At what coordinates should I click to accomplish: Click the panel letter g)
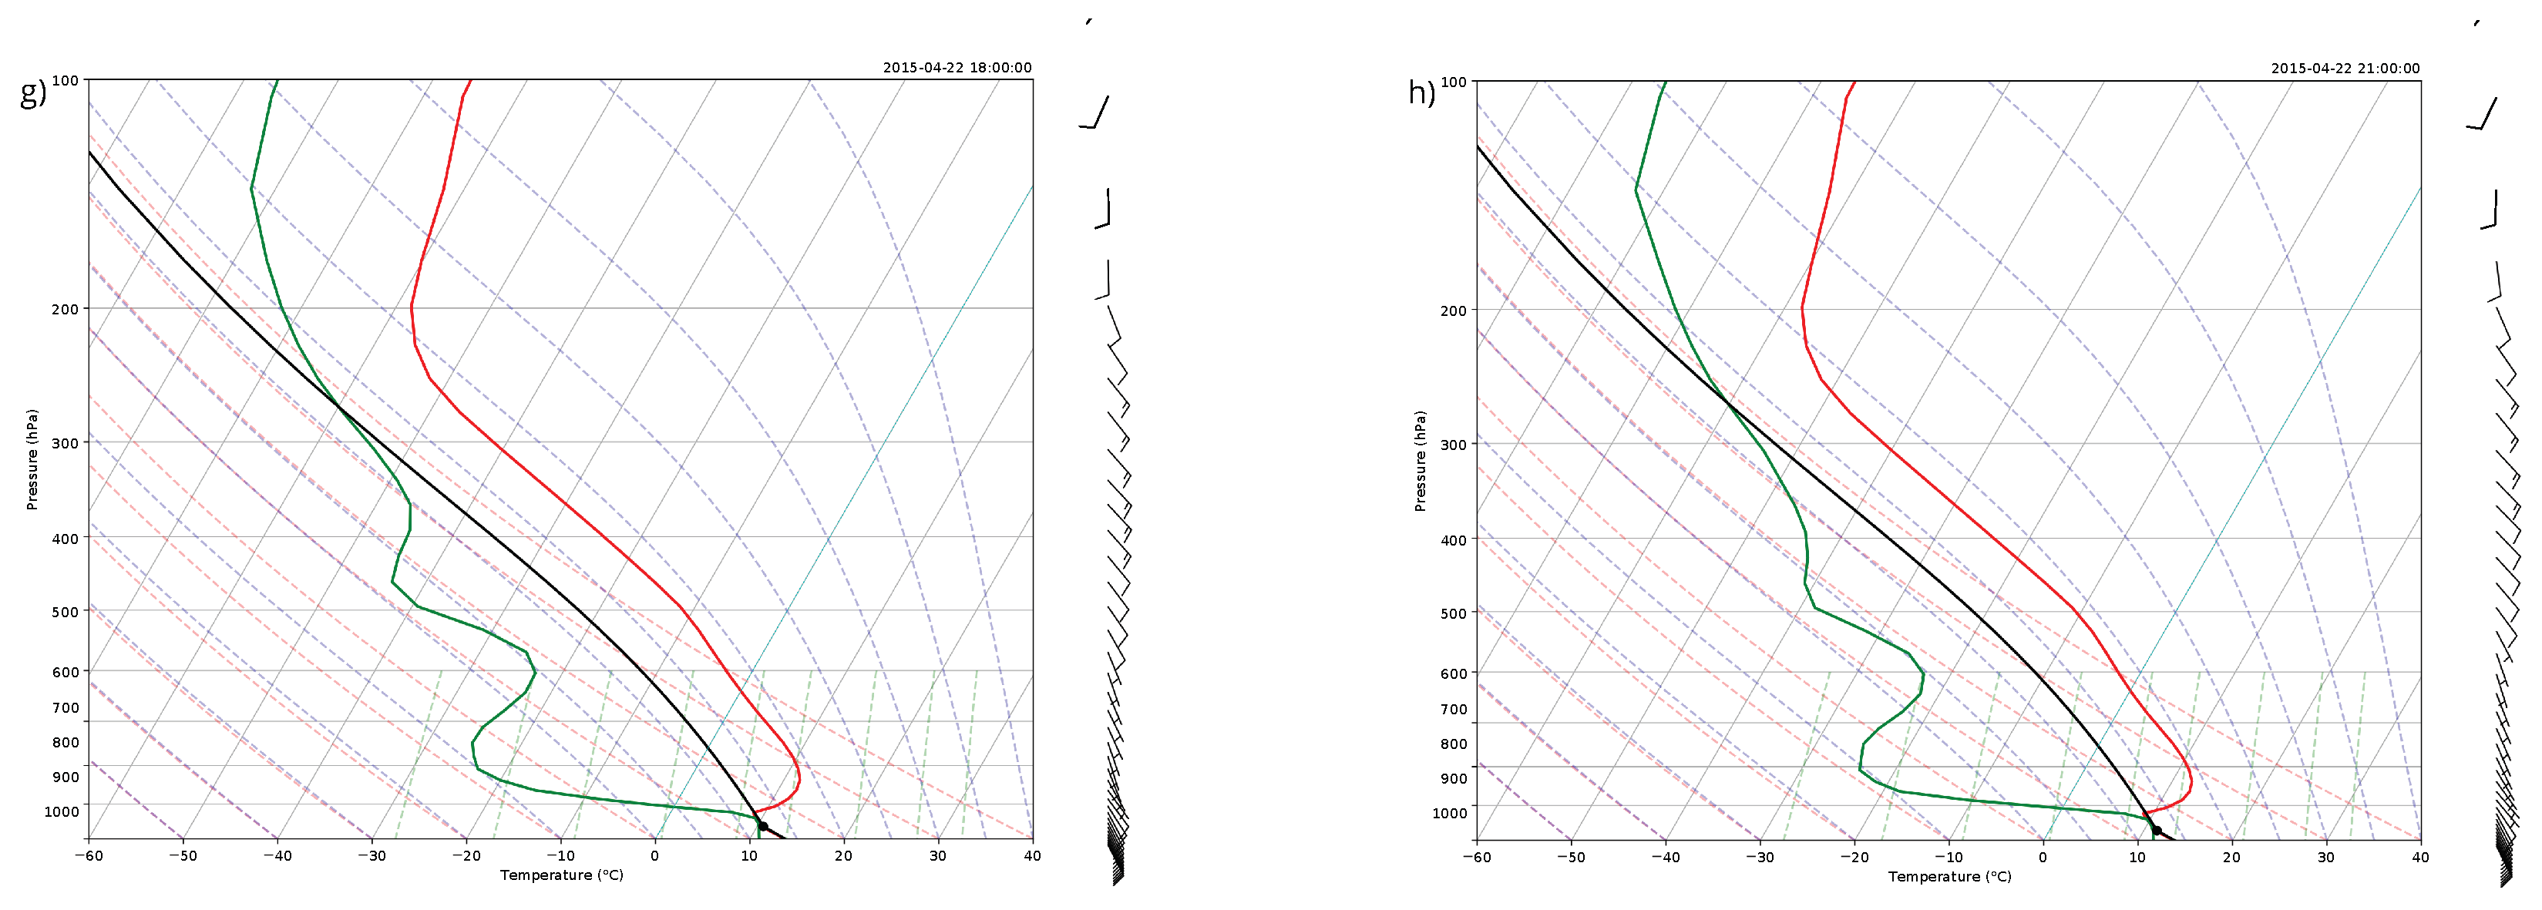(x=32, y=92)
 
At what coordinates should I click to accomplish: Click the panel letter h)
(x=1421, y=92)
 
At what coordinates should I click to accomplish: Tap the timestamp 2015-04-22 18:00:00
(x=957, y=67)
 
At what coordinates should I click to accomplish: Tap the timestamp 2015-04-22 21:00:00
(x=2345, y=68)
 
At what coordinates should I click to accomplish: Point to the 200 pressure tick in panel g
(x=65, y=309)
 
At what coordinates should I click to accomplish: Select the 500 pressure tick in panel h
(x=1454, y=613)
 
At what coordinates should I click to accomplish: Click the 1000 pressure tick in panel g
(x=61, y=811)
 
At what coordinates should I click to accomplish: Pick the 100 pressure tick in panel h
(x=1454, y=82)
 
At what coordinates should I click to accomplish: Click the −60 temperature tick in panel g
(x=89, y=856)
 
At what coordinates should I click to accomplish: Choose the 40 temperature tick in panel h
(x=2419, y=857)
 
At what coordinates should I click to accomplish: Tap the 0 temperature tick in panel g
(x=654, y=856)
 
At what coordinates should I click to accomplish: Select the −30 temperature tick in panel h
(x=1760, y=857)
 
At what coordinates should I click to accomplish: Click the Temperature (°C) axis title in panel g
(x=560, y=875)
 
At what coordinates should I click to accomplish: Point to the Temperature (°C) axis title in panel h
(x=1949, y=876)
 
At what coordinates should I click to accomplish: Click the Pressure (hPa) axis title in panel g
(x=32, y=459)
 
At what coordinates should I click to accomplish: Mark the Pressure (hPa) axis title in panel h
(x=1420, y=461)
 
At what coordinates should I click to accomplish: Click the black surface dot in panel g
(x=763, y=826)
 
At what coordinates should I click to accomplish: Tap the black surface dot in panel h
(x=2156, y=830)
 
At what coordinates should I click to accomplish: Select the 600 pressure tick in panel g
(x=65, y=672)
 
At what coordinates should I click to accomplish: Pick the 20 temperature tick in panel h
(x=2231, y=857)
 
